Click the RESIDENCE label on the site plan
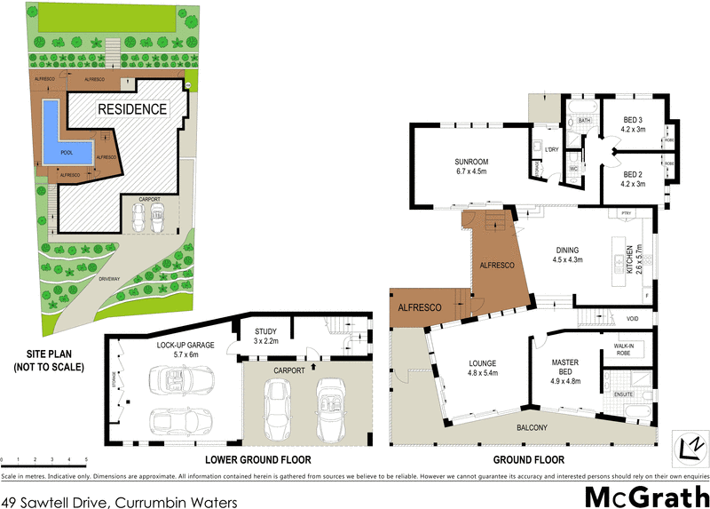click(131, 109)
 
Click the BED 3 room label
click(632, 124)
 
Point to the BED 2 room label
click(632, 178)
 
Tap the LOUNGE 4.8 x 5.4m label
click(477, 368)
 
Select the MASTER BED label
click(565, 368)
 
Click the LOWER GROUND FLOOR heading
click(257, 460)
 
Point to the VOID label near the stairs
click(632, 318)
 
